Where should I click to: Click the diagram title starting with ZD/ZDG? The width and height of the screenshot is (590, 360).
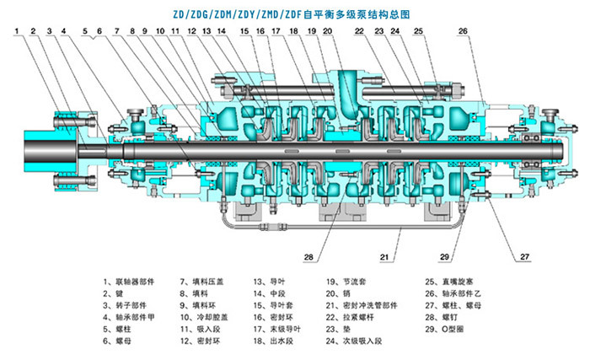294,11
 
